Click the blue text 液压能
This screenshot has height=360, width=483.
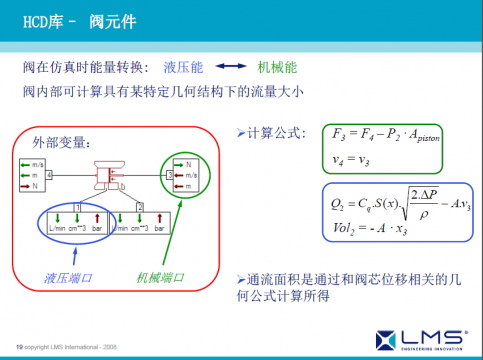pyautogui.click(x=182, y=67)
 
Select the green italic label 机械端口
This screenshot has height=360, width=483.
pyautogui.click(x=161, y=276)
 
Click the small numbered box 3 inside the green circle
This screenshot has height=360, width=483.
pyautogui.click(x=170, y=173)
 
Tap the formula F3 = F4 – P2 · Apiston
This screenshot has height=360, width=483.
pyautogui.click(x=384, y=135)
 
